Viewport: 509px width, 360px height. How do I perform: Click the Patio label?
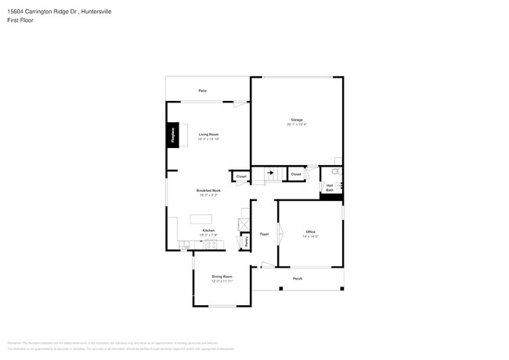(x=202, y=91)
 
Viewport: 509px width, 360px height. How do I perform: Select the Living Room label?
(x=208, y=134)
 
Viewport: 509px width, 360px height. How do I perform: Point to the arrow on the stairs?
(x=272, y=173)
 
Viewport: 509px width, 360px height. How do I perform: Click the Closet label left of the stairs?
(x=242, y=177)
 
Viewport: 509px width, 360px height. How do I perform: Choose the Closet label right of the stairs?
(x=296, y=174)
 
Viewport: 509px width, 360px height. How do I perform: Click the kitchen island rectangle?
(x=203, y=217)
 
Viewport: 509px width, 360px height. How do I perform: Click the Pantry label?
(x=247, y=242)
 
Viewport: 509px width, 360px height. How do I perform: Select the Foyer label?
(x=265, y=233)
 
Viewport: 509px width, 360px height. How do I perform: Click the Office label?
(x=310, y=232)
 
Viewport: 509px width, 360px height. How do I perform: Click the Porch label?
(x=298, y=279)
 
